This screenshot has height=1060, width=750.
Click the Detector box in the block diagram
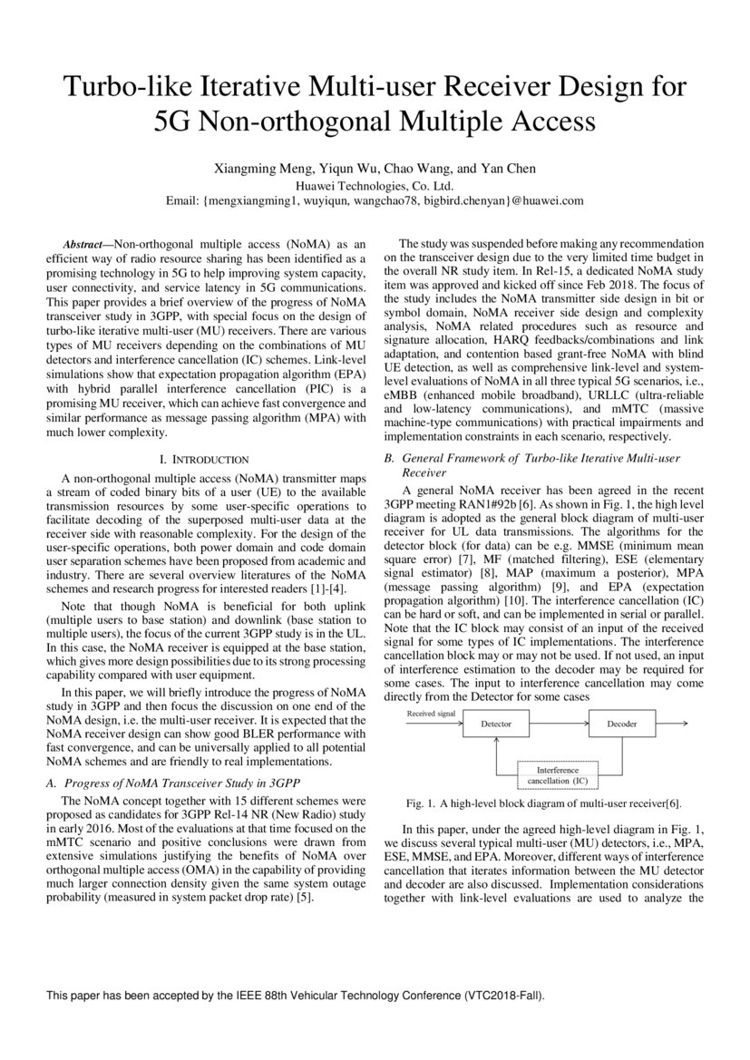(496, 724)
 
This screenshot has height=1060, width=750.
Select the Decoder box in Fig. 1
(621, 724)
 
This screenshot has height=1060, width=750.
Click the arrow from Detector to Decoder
(559, 724)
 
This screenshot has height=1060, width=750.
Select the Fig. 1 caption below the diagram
(542, 803)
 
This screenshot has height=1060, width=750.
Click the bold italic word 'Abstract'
(82, 245)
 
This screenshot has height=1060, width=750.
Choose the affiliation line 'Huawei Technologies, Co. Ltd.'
(375, 185)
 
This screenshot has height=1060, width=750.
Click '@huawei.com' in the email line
(541, 200)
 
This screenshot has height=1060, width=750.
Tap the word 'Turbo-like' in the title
(123, 88)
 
